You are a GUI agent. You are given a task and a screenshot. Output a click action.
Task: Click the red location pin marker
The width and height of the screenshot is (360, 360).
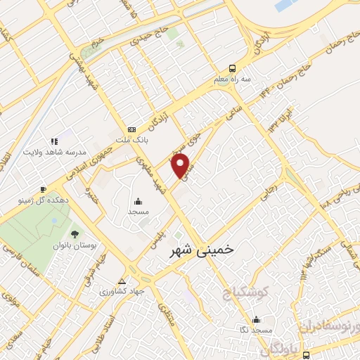coord(181,166)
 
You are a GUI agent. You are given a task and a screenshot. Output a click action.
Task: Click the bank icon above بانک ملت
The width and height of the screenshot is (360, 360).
coord(131,129)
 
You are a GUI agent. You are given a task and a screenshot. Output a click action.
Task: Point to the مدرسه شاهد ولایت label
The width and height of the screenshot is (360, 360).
coord(55,153)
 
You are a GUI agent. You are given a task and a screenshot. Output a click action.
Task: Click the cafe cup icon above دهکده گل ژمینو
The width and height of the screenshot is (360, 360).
coord(43,189)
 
